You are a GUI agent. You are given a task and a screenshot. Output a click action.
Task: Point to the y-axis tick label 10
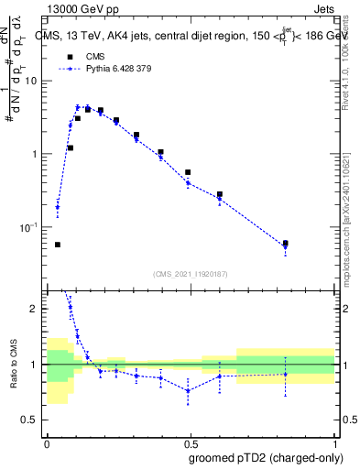click(33, 81)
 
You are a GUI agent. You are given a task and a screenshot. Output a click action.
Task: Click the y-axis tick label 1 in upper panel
click(37, 154)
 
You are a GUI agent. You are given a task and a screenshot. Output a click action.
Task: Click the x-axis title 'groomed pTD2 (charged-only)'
click(265, 458)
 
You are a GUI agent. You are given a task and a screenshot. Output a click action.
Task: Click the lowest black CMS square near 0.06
click(58, 245)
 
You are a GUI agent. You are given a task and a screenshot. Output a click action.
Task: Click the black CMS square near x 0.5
click(188, 172)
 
